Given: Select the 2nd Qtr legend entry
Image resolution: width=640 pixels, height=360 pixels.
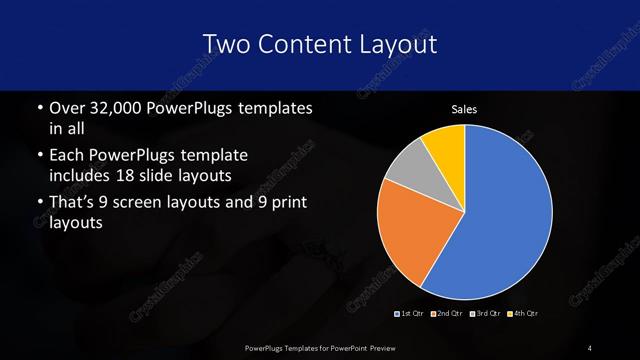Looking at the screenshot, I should tap(448, 314).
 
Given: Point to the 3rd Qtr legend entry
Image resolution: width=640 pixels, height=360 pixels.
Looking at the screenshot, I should tap(485, 314).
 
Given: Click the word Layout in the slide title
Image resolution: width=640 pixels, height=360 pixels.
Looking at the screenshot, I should tap(396, 44).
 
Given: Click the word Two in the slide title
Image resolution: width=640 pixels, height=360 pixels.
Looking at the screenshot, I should tap(224, 44).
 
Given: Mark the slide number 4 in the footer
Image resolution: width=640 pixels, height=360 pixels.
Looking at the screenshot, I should tap(590, 347).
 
